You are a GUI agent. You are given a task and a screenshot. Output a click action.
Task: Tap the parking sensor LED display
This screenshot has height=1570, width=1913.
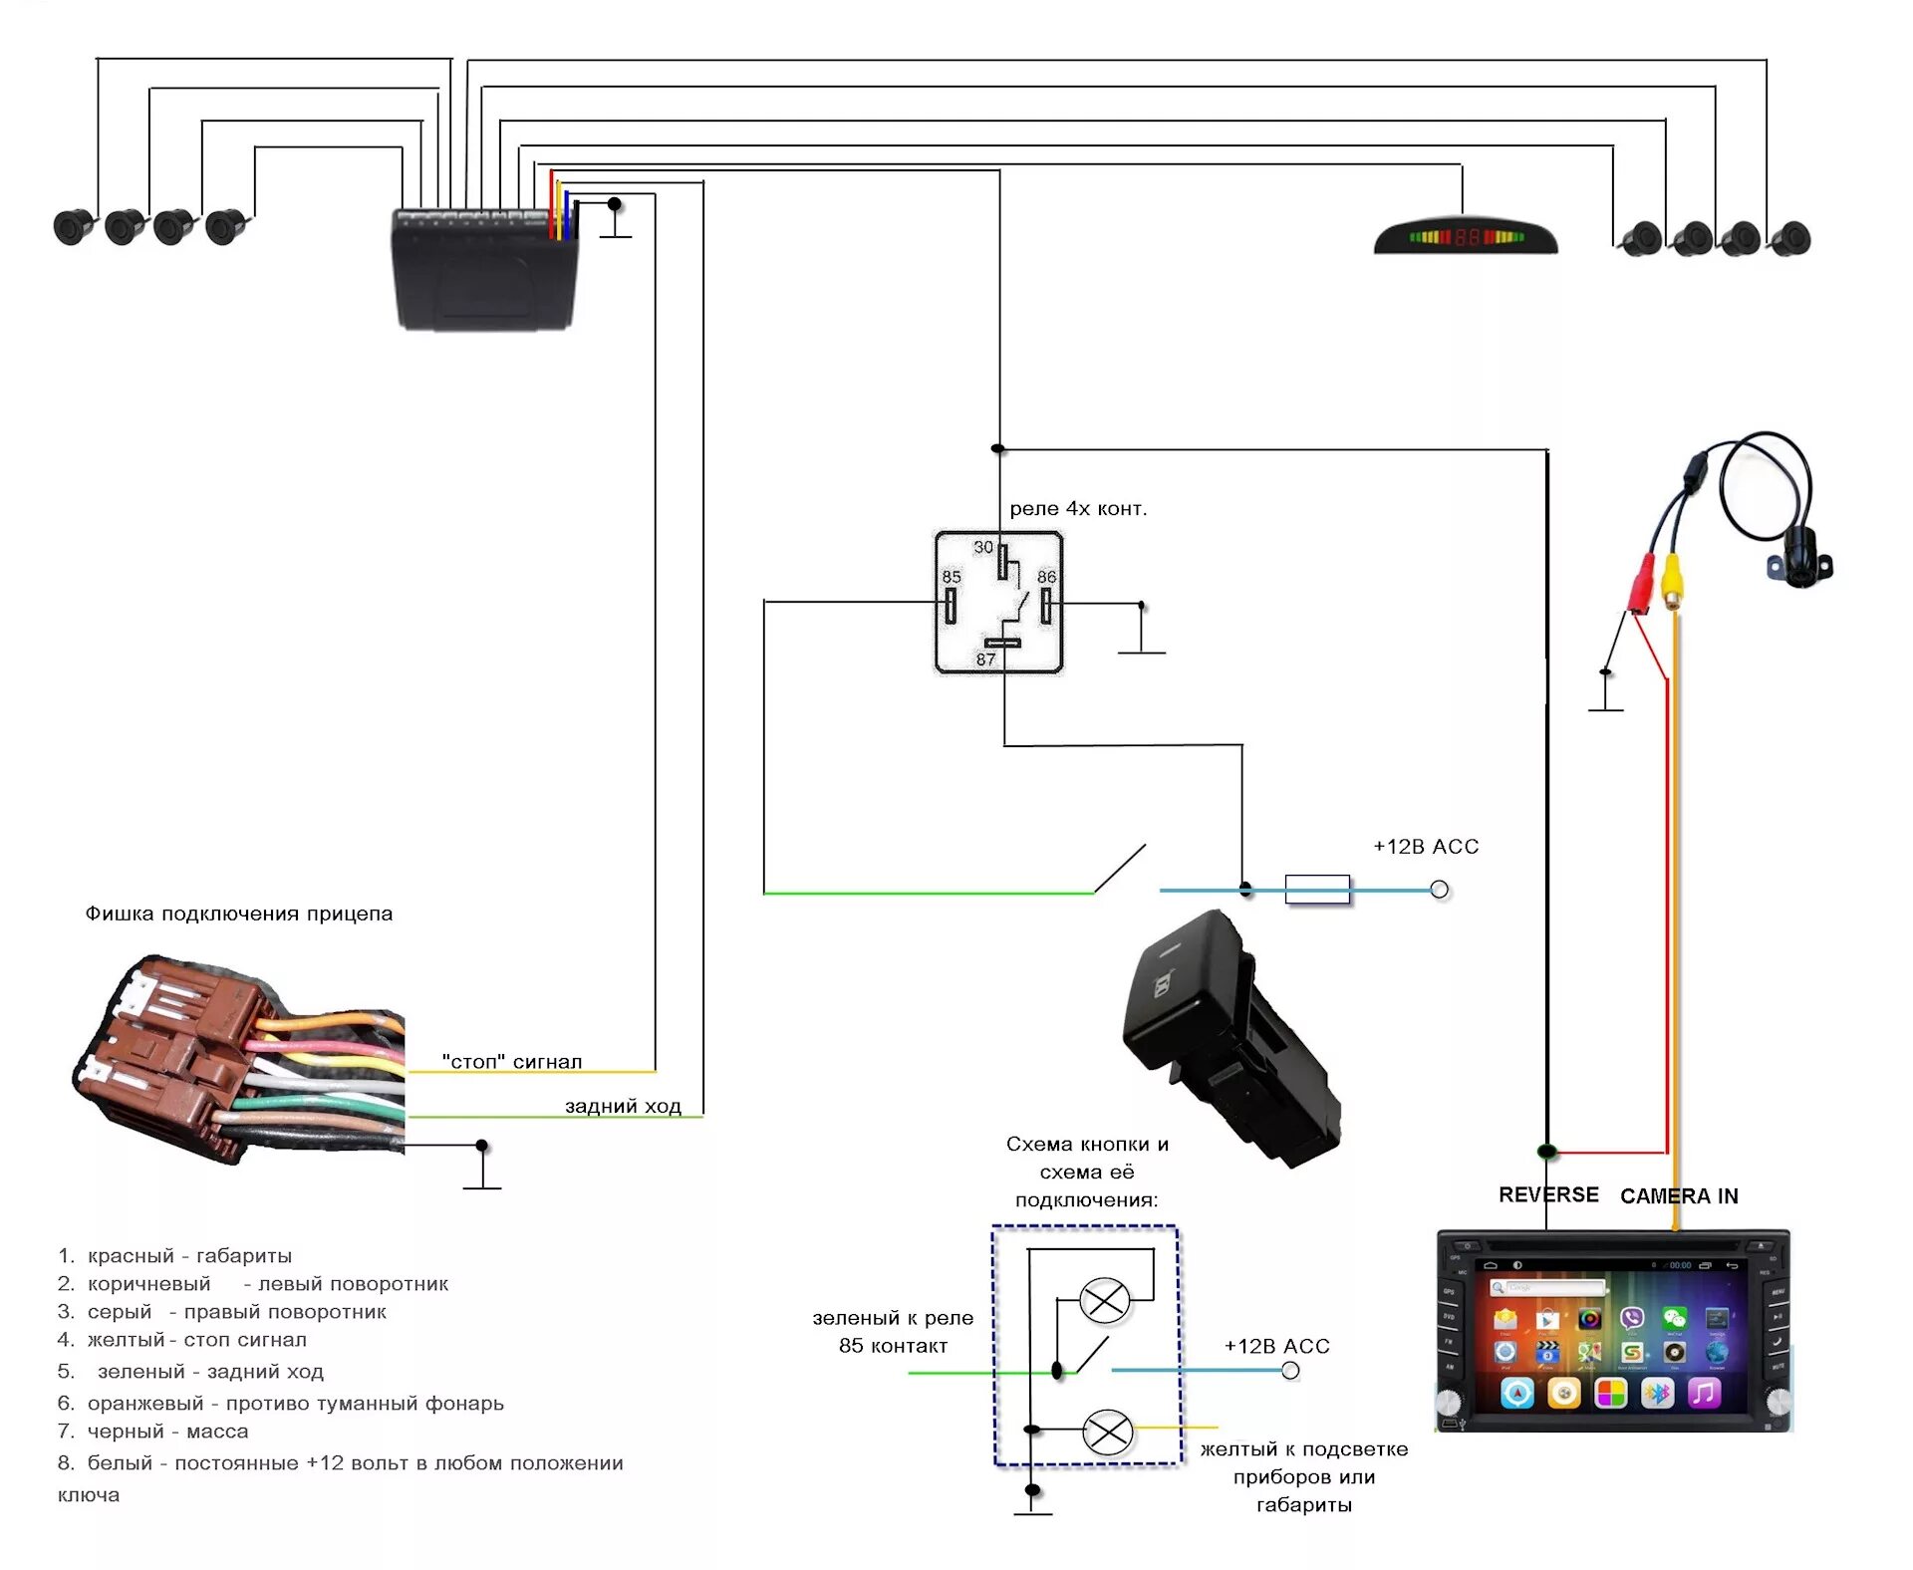(1465, 237)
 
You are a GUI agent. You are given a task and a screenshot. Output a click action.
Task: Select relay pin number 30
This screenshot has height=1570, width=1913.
(983, 547)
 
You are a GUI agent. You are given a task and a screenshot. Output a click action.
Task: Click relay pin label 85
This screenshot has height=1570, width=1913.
(952, 577)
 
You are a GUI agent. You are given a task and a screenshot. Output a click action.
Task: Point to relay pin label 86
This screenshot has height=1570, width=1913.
(1046, 577)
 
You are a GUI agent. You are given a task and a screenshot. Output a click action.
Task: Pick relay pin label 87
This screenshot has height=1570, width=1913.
(985, 659)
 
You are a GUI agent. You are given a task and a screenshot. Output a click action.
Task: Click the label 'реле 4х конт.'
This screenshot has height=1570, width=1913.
(1078, 509)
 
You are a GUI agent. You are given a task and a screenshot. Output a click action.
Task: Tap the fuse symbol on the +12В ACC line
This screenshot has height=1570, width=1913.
(1317, 890)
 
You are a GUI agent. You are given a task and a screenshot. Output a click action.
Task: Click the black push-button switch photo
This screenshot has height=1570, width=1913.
(1230, 1036)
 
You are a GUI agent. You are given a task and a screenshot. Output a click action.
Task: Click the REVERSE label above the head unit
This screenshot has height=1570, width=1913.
(1548, 1194)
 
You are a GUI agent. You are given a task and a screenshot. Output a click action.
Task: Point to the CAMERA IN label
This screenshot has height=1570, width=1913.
(1679, 1196)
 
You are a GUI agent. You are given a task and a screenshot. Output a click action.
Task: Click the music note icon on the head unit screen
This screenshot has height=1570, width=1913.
(1704, 1392)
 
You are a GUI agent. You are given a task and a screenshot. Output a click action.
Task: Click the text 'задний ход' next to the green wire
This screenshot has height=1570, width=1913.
(623, 1106)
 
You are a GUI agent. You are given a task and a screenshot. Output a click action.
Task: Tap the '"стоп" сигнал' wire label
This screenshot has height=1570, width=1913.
(511, 1062)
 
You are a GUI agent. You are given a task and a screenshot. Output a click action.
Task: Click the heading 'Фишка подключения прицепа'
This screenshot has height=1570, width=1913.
(239, 914)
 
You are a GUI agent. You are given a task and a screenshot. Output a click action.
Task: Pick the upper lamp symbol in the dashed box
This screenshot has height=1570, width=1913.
(1105, 1301)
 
